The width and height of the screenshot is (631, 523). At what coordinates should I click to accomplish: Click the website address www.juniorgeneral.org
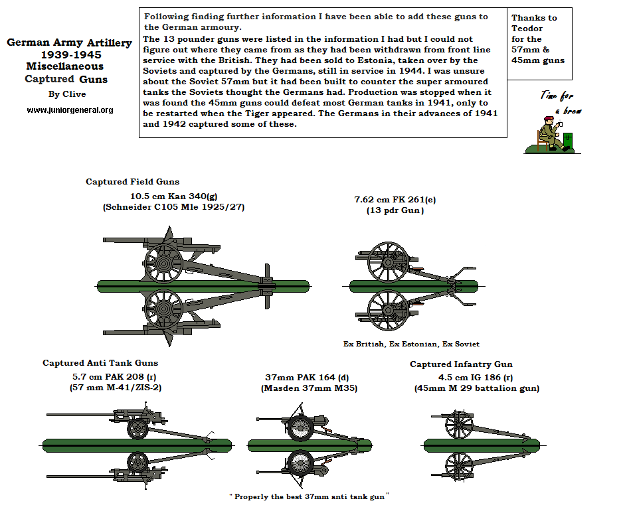pos(70,110)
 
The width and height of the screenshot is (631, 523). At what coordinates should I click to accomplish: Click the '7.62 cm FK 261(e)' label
pos(395,199)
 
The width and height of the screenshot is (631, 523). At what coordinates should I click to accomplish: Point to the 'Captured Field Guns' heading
pos(132,182)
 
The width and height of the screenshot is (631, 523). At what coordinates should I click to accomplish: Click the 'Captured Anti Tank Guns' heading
pos(100,363)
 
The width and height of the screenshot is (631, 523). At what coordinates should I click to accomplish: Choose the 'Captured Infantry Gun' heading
pos(461,364)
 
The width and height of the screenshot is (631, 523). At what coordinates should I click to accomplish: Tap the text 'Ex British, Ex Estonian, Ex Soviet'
pos(411,344)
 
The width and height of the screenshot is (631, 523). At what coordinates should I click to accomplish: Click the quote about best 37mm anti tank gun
pos(308,496)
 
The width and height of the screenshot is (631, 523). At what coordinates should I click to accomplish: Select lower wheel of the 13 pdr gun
pos(387,309)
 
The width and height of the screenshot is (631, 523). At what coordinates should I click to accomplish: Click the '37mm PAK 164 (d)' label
pos(309,378)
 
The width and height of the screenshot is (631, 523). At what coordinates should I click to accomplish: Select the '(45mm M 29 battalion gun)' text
pos(476,388)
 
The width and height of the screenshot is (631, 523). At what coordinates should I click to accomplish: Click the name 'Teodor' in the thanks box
pos(527,29)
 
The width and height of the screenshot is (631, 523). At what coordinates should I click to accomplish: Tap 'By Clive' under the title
pos(67,94)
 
